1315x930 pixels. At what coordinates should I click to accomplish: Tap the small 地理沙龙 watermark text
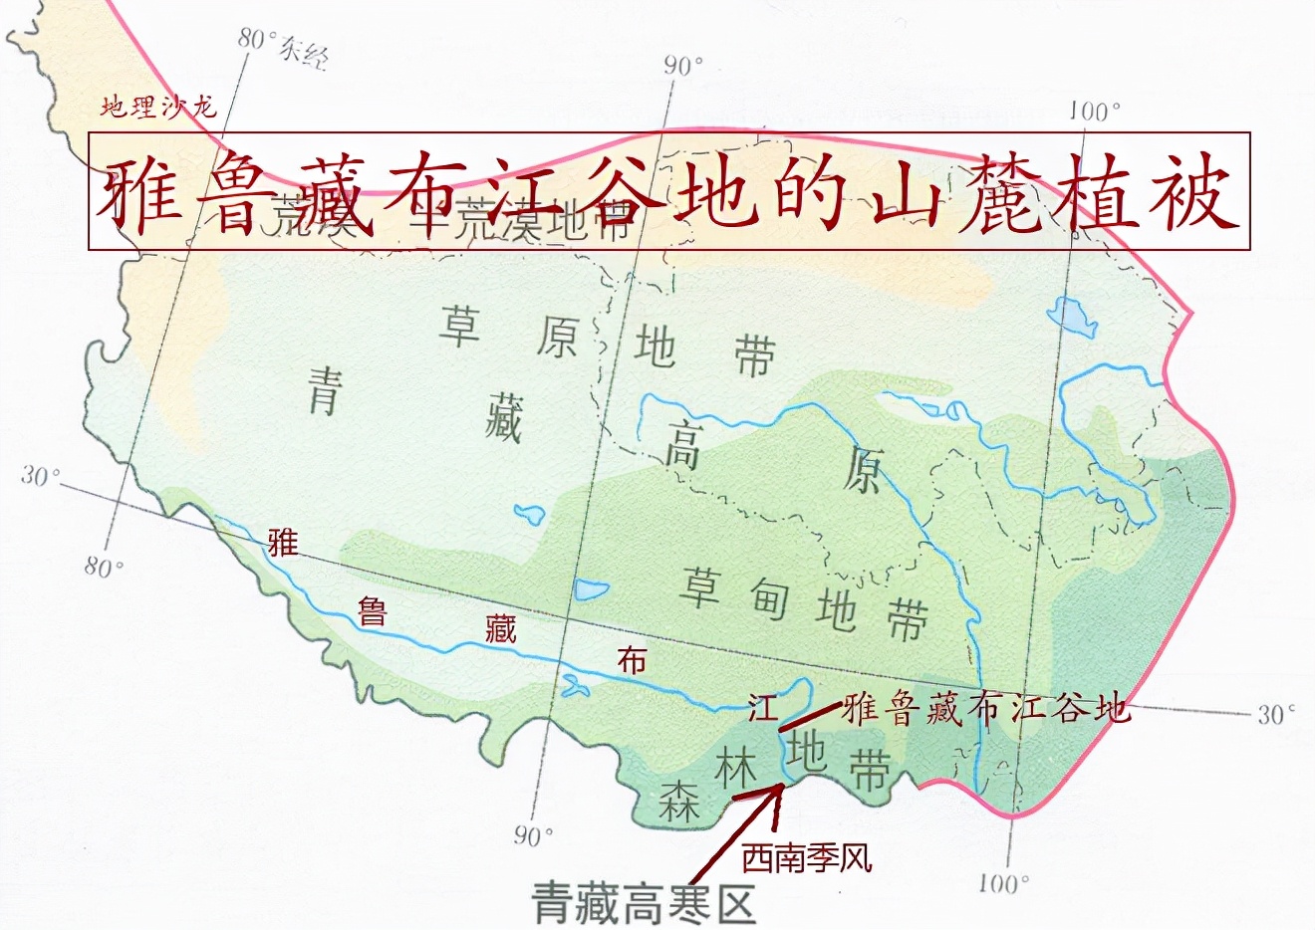click(158, 107)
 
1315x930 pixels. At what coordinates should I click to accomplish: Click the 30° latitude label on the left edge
click(40, 476)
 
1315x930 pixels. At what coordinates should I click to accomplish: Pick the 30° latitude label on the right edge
click(1275, 714)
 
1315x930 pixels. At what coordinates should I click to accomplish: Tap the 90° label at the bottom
click(533, 835)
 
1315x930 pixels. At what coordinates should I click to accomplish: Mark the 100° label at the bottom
click(1002, 882)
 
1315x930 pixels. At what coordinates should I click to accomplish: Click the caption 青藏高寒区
click(644, 903)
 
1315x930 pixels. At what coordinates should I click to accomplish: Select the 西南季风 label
click(807, 857)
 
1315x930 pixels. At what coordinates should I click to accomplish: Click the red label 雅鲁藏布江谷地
click(986, 708)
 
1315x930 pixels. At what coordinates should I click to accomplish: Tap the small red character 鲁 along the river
click(372, 610)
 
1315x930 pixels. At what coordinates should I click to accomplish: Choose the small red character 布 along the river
click(632, 659)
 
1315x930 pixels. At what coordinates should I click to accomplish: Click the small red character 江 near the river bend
click(762, 708)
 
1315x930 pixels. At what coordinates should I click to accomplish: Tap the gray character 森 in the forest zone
click(678, 802)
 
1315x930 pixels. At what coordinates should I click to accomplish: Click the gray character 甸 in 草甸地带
click(769, 596)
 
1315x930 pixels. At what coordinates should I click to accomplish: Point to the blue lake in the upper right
click(1072, 317)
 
